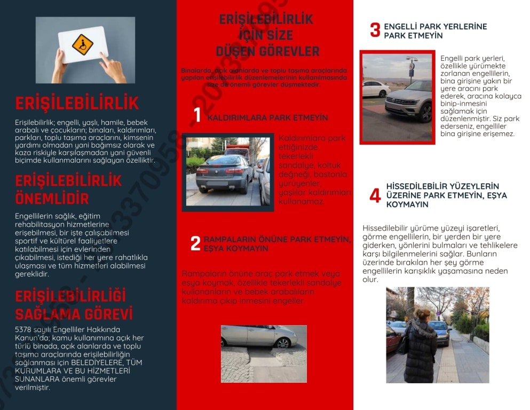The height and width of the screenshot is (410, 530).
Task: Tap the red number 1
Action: coord(197,115)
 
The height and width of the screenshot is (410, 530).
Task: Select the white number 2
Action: coord(195,244)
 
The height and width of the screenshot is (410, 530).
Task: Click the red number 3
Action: coord(375,30)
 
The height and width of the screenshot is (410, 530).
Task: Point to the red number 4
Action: coord(375,196)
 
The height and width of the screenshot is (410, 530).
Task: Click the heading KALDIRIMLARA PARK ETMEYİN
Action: coord(267,117)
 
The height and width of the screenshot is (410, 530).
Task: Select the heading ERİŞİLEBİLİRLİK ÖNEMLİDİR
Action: coord(68,190)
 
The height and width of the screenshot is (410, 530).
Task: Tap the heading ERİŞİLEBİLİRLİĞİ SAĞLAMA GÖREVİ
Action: coord(74,304)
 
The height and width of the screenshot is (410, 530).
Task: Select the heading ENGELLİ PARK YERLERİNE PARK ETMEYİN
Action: coord(435,31)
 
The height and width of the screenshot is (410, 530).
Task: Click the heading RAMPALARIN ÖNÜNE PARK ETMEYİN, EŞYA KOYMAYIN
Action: coord(277,244)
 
